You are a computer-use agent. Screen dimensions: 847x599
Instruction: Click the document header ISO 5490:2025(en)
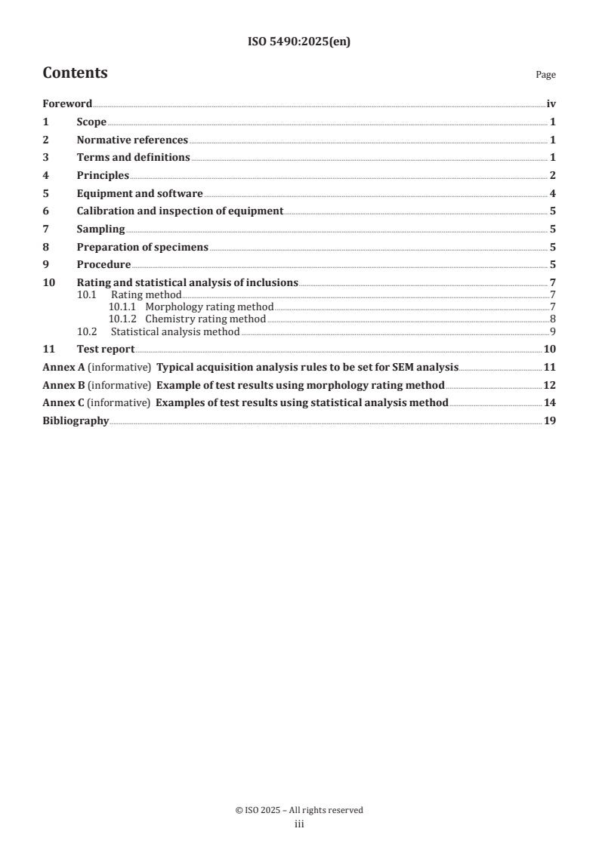(299, 42)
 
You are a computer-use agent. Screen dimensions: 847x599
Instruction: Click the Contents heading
(75, 73)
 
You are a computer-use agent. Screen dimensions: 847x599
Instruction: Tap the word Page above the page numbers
(545, 75)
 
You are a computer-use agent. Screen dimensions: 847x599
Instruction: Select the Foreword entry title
(67, 104)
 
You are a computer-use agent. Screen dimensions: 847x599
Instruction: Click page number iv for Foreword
(551, 104)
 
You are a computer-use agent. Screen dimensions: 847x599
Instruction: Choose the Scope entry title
(91, 122)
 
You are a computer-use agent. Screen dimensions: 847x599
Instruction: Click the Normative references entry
(132, 140)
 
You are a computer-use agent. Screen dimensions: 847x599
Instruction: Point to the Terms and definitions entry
(133, 158)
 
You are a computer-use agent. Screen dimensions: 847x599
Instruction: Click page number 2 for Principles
(553, 176)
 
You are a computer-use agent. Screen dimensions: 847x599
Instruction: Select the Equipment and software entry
(140, 194)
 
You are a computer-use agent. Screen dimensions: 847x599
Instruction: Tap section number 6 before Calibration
(45, 211)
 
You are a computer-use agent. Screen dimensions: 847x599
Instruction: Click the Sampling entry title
(100, 229)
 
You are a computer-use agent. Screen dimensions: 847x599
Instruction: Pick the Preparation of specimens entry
(142, 248)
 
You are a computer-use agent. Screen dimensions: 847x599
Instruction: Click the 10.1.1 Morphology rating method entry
(191, 307)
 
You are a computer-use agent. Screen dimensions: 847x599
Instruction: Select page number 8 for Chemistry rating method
(553, 319)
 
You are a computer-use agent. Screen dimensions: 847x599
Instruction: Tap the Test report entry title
(106, 349)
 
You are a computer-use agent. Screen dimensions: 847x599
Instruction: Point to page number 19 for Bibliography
(550, 420)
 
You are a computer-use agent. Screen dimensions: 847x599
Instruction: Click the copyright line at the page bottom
(299, 810)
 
